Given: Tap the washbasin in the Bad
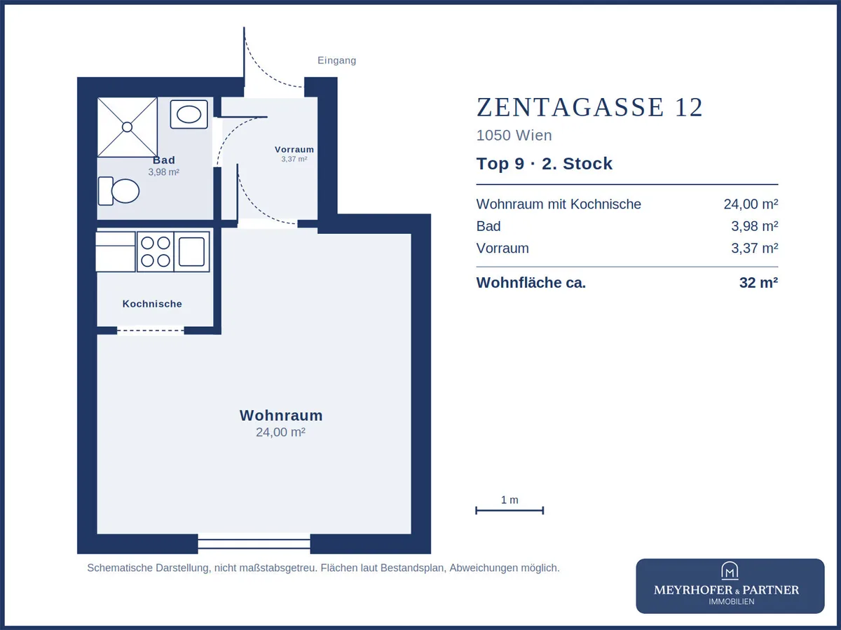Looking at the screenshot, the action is click(x=189, y=114).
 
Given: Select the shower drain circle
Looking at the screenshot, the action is click(x=128, y=127).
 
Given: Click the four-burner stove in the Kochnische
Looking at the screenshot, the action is click(x=155, y=251).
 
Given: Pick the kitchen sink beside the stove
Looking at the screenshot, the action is click(x=191, y=251).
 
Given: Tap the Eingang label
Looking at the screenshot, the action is click(x=337, y=60).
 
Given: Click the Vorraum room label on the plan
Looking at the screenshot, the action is click(x=294, y=149).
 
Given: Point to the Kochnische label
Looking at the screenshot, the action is click(x=152, y=304).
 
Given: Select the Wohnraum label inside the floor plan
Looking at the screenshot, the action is click(x=281, y=415).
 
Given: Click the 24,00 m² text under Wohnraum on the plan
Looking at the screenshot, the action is click(x=280, y=432).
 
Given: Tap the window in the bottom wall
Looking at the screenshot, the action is click(x=254, y=544).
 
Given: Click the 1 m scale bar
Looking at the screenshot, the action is click(x=510, y=510).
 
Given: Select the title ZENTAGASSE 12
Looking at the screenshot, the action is click(x=589, y=107).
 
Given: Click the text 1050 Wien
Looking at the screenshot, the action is click(x=514, y=135).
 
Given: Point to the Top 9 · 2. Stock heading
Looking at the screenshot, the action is click(x=545, y=164).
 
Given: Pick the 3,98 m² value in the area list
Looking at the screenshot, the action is click(x=754, y=226).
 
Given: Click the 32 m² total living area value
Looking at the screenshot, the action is click(x=758, y=283).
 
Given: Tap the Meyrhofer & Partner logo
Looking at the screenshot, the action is click(x=730, y=586).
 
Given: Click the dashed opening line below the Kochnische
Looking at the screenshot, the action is click(x=151, y=330).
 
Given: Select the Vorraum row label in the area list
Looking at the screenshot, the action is click(x=502, y=248).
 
